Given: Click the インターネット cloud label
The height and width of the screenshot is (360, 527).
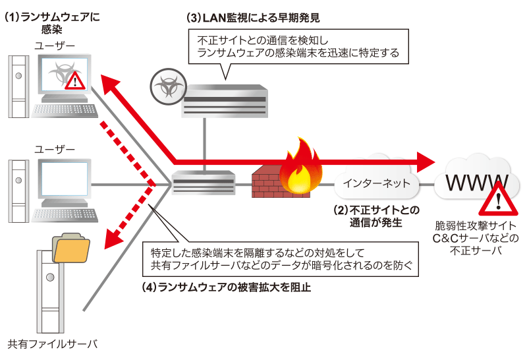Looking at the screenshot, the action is pos(376,183).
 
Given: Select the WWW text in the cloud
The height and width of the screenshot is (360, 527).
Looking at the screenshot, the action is pos(476,183).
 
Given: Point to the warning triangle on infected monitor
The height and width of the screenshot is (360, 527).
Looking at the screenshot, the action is pos(75,80).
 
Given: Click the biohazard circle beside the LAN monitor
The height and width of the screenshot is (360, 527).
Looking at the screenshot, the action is pos(168,86).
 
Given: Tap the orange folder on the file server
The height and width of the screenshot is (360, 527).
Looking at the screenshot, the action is pos(71,248).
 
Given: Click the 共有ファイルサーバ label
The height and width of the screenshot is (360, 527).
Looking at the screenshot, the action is pos(52,344).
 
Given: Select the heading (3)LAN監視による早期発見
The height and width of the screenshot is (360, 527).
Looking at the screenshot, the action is pos(253,18).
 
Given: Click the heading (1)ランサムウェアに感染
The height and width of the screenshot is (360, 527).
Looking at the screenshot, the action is pos(53,23).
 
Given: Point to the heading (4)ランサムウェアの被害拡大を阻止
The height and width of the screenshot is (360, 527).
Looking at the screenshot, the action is pos(227,287).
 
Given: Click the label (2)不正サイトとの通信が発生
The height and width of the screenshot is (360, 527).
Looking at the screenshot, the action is pos(376,216).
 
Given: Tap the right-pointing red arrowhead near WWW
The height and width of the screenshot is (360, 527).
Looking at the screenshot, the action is pos(426,162).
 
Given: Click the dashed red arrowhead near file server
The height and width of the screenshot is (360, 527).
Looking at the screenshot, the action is pos(113,239).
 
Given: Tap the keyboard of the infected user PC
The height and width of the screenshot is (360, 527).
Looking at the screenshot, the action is pos(65,110).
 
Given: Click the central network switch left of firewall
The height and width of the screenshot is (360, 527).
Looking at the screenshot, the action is pos(204,183).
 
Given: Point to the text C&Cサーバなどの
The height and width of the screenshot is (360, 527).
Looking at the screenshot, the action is pos(476,238).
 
